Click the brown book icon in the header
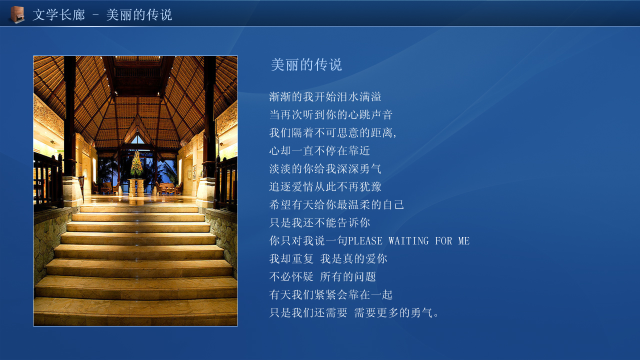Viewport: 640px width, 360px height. coord(17,14)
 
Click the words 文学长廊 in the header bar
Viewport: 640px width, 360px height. coord(59,15)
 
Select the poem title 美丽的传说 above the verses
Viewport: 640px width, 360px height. coord(306,64)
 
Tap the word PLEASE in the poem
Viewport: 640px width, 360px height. coord(365,241)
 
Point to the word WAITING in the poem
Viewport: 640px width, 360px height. coord(408,241)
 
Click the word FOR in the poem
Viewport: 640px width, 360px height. coord(443,241)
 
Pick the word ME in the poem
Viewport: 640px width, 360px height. coord(464,241)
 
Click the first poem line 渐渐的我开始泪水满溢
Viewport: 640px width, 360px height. coord(325,97)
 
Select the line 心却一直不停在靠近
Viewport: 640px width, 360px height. coord(319,151)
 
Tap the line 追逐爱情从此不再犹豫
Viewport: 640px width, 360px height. coord(325,187)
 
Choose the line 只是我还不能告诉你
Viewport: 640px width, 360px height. coord(319,223)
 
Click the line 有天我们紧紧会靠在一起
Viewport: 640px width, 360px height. coord(331,295)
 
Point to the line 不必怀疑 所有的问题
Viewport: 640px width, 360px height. coord(322,277)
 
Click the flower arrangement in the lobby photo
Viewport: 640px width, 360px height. coord(137,164)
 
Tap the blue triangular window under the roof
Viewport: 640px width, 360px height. coord(137,139)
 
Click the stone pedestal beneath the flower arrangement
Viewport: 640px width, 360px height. coord(136,187)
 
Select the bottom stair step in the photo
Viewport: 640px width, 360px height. coord(135,311)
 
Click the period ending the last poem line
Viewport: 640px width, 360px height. coord(436,315)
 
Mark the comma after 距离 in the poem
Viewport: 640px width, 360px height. coord(395,136)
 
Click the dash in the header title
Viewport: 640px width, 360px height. coord(95,15)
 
